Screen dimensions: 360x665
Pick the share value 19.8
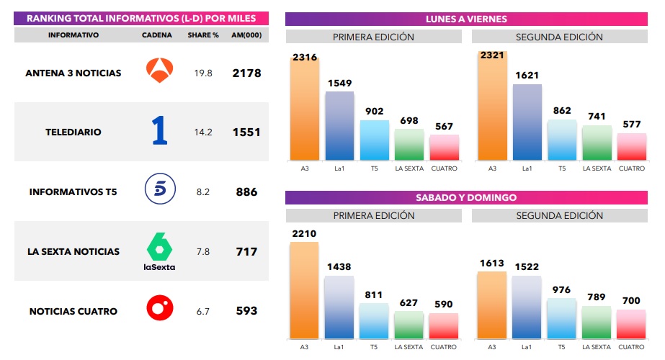203,73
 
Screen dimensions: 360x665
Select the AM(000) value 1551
246,132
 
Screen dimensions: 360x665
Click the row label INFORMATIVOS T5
73,192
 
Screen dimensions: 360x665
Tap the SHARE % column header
203,35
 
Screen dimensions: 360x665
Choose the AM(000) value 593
246,312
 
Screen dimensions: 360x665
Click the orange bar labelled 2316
304,112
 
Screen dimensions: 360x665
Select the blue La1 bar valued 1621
527,122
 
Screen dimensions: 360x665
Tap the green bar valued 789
597,322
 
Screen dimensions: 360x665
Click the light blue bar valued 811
373,320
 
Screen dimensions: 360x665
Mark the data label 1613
492,264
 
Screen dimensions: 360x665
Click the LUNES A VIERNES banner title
466,19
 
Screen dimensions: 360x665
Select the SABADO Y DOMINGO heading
466,197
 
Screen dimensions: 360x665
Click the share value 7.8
203,252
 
